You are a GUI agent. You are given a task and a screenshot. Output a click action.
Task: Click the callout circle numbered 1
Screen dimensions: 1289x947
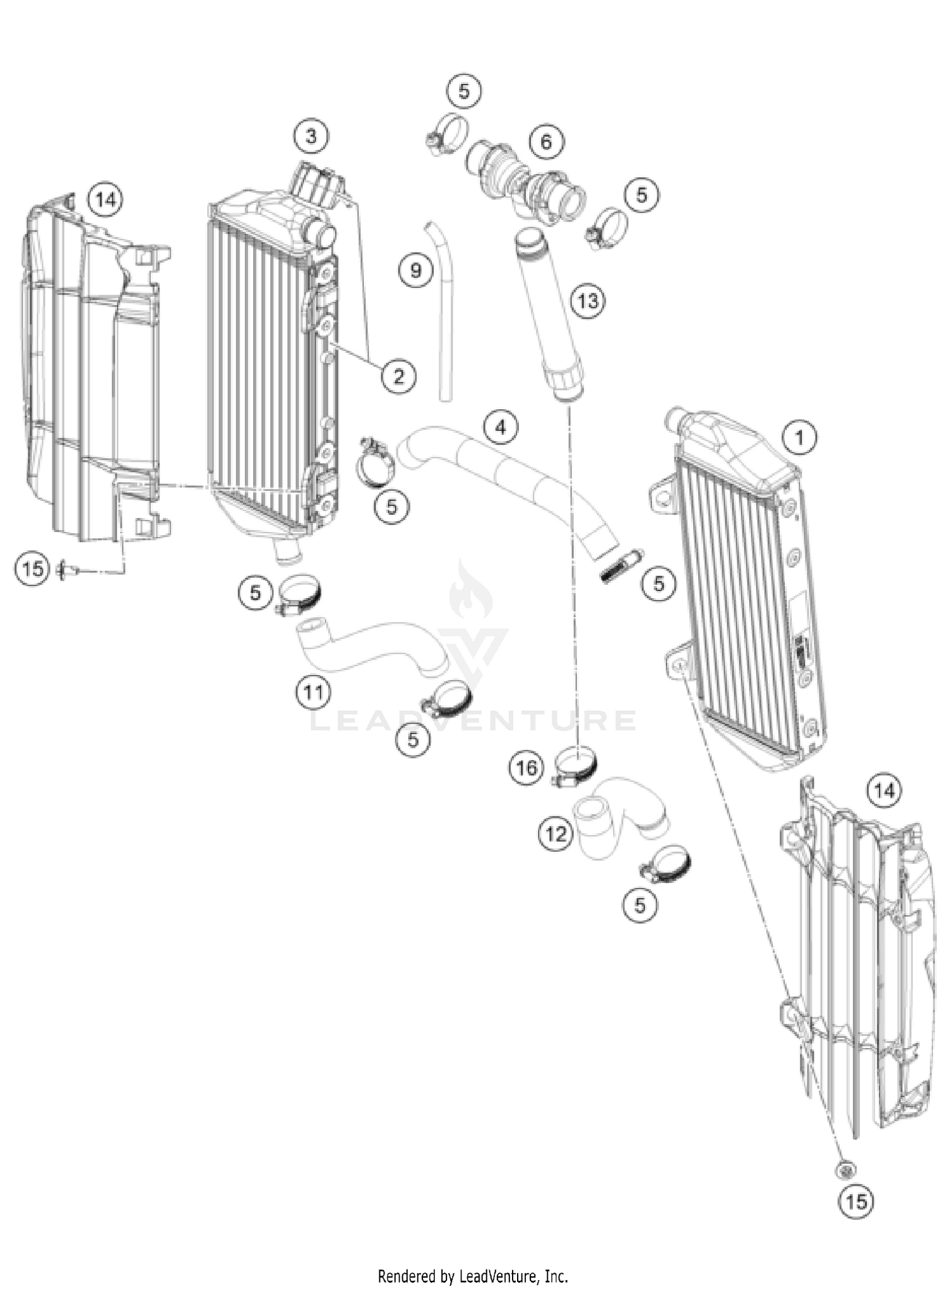799,437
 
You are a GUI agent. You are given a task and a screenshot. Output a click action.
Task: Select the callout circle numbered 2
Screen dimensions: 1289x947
398,377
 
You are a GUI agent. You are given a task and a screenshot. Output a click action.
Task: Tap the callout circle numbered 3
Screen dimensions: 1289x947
311,136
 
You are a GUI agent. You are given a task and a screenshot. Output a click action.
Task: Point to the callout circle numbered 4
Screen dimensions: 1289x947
501,428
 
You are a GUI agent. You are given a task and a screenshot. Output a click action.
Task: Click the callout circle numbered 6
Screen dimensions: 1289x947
546,141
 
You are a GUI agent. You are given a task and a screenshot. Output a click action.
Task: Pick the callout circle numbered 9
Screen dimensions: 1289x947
415,271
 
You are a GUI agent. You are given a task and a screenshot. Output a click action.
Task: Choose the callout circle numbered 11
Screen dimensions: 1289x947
314,692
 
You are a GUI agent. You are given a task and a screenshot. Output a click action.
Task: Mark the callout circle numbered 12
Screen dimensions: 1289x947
556,834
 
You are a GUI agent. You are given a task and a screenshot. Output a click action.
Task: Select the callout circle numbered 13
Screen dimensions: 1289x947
588,300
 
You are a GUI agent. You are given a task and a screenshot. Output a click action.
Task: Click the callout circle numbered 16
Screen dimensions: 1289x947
527,768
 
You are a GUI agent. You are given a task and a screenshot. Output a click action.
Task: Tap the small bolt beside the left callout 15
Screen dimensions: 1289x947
68,570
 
